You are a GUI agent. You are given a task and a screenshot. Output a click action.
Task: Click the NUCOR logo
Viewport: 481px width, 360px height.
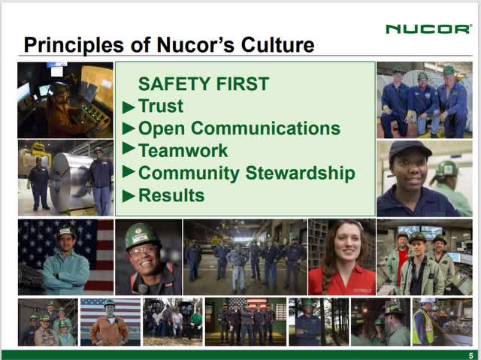[428, 29]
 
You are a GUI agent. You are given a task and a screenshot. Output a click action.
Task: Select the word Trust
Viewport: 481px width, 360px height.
[161, 106]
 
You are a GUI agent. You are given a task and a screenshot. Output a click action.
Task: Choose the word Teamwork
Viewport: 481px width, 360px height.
[183, 150]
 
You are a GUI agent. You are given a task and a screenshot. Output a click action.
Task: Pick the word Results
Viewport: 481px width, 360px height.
[171, 195]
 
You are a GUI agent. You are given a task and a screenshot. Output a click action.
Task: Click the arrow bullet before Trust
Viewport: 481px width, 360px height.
[129, 107]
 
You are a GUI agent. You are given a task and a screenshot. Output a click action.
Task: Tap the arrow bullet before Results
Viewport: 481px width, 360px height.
[129, 197]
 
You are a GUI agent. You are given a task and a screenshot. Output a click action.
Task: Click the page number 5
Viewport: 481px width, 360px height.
[470, 355]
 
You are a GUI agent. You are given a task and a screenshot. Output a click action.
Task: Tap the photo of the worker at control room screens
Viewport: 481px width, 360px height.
[65, 100]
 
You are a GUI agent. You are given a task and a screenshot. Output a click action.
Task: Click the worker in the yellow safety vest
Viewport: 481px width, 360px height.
[423, 324]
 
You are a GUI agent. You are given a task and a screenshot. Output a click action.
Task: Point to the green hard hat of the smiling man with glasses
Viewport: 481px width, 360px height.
[141, 236]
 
